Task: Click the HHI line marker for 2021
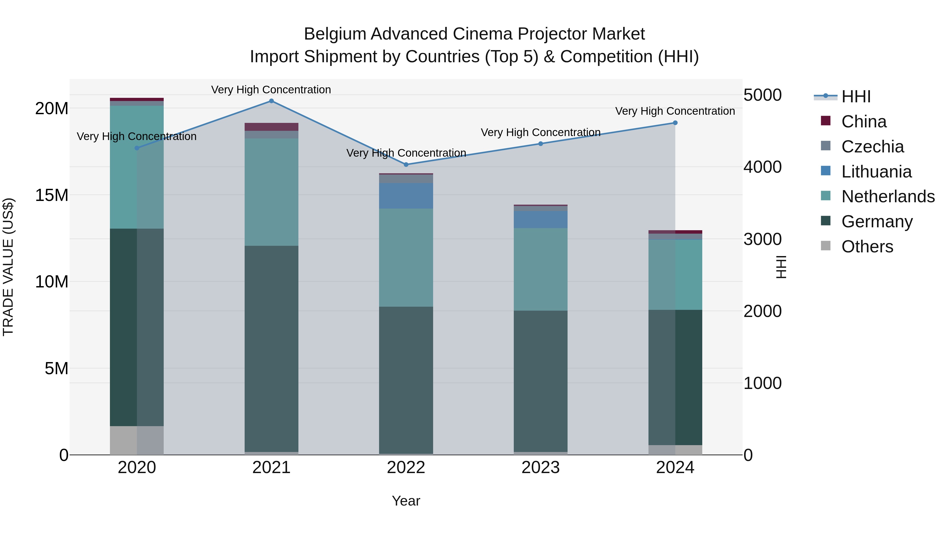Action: pos(272,101)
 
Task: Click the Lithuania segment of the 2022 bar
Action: pos(406,196)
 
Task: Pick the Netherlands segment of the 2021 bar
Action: pos(272,192)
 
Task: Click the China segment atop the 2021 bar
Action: pos(272,127)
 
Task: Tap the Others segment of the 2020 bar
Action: pos(137,440)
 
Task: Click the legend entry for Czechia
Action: pos(872,147)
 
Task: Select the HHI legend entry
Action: pos(855,97)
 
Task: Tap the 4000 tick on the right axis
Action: pos(762,167)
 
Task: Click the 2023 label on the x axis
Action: pos(540,468)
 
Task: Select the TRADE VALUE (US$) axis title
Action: pos(8,267)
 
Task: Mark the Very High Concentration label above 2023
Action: pos(540,132)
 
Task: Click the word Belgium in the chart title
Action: pos(335,34)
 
